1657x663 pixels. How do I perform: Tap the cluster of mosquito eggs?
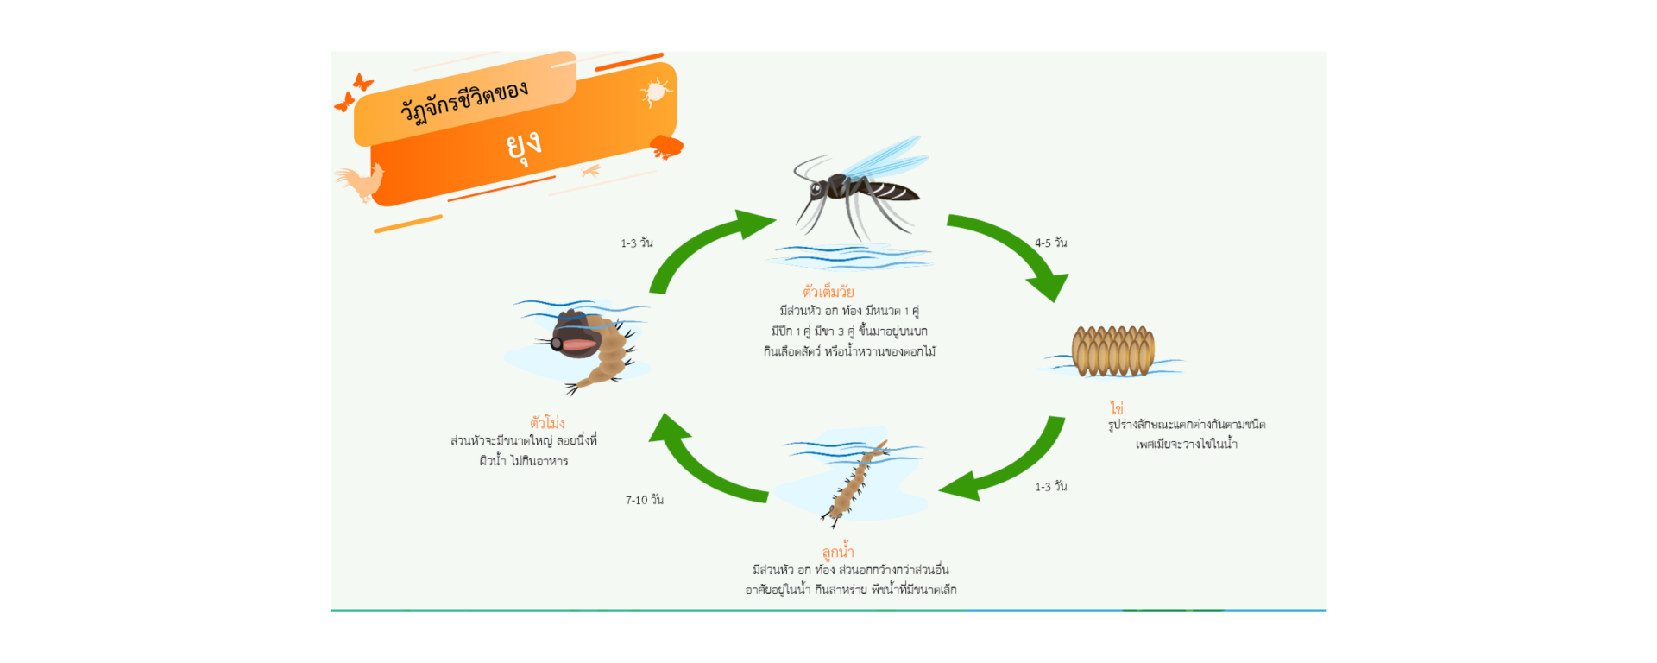coord(1113,351)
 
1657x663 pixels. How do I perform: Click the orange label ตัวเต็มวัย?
coord(828,291)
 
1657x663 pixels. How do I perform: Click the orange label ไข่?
coord(1117,407)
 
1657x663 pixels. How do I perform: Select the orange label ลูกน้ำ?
coord(838,551)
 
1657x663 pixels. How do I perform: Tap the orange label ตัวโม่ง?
coord(547,422)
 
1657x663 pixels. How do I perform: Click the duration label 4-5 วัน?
coord(1050,243)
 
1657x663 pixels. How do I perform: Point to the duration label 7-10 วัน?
coord(644,500)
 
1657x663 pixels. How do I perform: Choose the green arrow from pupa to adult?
coord(699,245)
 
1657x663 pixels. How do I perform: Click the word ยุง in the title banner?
coord(523,146)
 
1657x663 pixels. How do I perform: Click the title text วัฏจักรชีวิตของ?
coord(463,102)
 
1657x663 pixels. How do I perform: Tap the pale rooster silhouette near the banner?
coord(360,182)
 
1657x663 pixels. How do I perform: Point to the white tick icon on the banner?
coord(656,91)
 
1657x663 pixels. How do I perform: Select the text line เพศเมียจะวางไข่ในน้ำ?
coord(1187,444)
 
